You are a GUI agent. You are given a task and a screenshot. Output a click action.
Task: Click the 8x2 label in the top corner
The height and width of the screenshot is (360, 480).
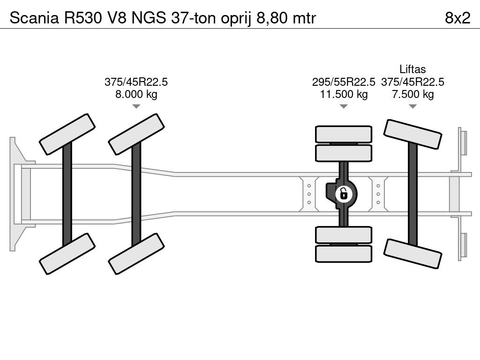[457, 18]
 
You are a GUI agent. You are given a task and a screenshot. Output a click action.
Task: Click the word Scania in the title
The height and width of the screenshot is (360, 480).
[34, 18]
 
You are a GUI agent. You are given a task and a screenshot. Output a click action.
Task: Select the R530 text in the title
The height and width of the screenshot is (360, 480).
[82, 18]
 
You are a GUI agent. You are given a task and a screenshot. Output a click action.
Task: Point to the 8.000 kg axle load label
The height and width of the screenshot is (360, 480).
[136, 94]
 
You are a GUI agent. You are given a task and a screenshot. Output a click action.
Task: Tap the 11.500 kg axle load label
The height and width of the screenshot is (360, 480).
[344, 94]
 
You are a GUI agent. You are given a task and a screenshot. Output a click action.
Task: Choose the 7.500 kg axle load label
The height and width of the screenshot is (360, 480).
[413, 94]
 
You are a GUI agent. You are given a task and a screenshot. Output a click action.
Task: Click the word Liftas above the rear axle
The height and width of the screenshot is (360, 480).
[412, 69]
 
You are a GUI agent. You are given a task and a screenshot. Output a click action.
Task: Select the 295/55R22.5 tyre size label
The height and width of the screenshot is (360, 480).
[344, 82]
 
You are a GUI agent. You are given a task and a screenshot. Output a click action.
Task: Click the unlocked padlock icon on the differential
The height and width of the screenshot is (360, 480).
[344, 194]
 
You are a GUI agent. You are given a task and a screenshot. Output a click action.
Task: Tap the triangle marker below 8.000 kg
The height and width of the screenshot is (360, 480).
[136, 106]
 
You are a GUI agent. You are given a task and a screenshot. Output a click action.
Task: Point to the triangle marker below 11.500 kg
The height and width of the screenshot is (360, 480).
[344, 106]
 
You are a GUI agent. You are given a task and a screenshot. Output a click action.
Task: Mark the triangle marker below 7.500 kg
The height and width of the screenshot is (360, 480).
[413, 106]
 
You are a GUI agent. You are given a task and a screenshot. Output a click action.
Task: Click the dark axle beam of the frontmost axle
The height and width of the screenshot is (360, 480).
[67, 194]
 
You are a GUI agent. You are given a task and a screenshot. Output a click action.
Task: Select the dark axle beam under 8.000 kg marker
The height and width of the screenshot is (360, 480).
[136, 194]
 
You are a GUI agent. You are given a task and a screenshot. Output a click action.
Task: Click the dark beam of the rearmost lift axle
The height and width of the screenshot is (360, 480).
[412, 194]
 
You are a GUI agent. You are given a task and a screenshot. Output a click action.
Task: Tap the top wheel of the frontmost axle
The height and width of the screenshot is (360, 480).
[67, 135]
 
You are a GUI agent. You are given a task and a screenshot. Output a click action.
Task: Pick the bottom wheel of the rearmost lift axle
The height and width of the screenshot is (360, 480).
[412, 254]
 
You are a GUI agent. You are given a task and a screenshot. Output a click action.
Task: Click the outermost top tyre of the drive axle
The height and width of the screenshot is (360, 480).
[344, 134]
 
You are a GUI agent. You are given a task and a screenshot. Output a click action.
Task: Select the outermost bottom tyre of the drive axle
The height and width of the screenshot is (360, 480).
[344, 254]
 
